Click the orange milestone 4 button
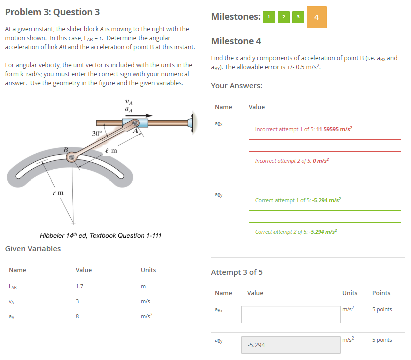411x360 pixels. tap(316, 17)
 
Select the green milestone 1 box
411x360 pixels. tap(269, 17)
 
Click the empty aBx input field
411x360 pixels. tap(291, 314)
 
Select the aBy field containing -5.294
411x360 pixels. tap(291, 345)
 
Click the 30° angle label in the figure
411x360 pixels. tap(97, 133)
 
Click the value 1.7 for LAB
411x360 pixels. tap(79, 287)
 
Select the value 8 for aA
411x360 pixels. tap(77, 316)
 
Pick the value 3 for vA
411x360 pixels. tap(77, 301)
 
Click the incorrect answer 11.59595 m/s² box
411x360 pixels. tap(325, 129)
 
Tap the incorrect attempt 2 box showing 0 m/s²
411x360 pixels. tap(325, 161)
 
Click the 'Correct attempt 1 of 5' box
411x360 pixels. tap(325, 200)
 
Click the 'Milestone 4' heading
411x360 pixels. tap(236, 41)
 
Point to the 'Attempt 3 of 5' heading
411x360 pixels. tap(237, 272)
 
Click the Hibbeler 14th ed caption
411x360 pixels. tap(100, 235)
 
